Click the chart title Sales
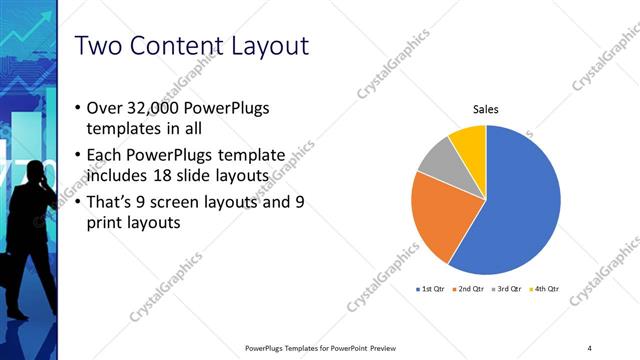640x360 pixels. coord(485,110)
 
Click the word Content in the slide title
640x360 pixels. coord(173,47)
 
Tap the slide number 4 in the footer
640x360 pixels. coord(589,347)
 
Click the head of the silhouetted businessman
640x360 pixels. coord(31,172)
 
